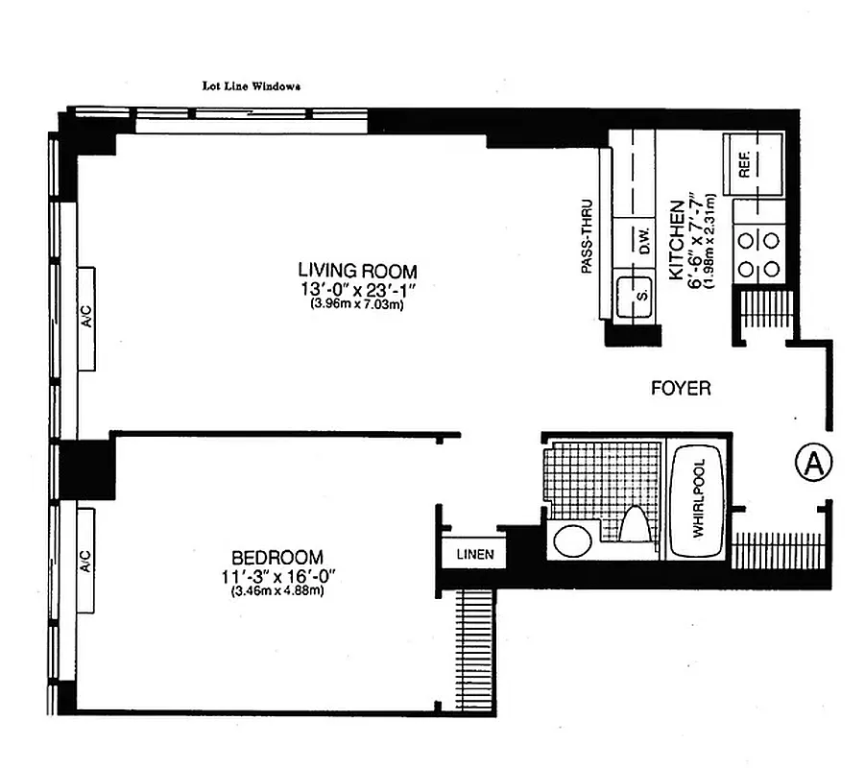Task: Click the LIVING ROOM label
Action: click(357, 271)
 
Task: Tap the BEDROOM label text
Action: click(276, 557)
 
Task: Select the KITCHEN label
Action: click(676, 240)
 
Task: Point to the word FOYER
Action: click(681, 389)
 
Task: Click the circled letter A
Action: click(813, 464)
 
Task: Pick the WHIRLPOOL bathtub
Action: click(697, 505)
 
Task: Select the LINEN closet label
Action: click(474, 555)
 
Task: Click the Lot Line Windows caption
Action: click(252, 84)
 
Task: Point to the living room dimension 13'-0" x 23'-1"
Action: click(357, 289)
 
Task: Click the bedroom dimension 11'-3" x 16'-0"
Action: click(276, 575)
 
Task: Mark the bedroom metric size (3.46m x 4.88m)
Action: click(276, 590)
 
